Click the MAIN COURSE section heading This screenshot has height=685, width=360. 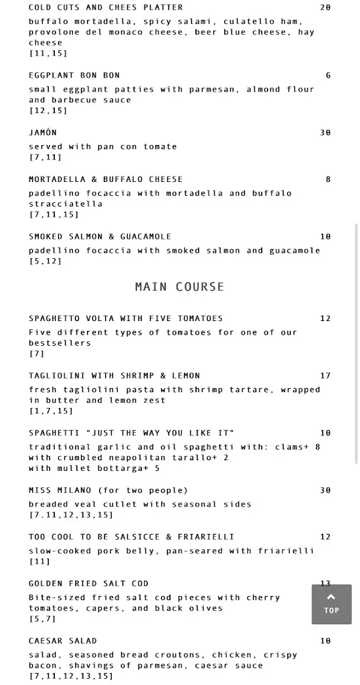[179, 286]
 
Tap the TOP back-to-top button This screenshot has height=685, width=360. [331, 604]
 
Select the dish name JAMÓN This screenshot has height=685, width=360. [43, 132]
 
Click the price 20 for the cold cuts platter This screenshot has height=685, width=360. [325, 7]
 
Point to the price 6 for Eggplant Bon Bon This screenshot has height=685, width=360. [328, 76]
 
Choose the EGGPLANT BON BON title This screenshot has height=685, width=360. [74, 76]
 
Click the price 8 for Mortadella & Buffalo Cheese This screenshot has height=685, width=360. [328, 179]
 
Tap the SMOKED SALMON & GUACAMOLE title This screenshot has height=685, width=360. [100, 236]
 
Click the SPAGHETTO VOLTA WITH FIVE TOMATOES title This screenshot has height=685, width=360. [126, 318]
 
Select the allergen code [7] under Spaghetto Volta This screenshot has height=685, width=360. [36, 353]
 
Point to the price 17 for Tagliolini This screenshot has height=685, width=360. [325, 376]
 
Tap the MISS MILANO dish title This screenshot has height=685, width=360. [108, 490]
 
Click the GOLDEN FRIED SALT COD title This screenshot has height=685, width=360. [88, 583]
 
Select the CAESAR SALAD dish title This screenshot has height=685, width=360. [63, 641]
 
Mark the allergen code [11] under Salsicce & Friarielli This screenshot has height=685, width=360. [39, 561]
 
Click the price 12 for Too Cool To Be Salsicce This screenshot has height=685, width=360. [325, 537]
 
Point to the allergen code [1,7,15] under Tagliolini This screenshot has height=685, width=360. [51, 411]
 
